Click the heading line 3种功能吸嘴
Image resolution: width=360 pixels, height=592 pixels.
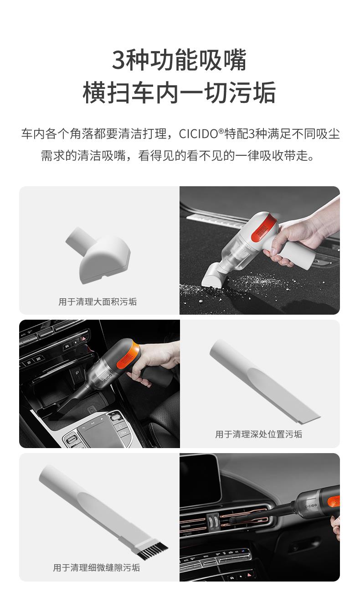click(x=180, y=60)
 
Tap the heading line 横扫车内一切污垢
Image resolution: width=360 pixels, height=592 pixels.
click(x=180, y=92)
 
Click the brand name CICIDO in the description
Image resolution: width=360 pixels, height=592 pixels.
click(x=198, y=134)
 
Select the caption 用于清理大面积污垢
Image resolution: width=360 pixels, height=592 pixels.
click(x=98, y=301)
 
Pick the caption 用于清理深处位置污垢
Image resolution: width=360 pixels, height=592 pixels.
click(x=258, y=434)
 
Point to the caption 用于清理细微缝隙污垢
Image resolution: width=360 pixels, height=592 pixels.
click(x=97, y=568)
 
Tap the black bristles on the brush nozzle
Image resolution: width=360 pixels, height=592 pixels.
click(x=153, y=550)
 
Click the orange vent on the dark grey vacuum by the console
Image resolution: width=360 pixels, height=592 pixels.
click(x=128, y=356)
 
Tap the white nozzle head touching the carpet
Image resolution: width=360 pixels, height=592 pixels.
click(x=213, y=277)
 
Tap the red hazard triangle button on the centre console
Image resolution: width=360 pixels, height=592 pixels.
click(x=83, y=338)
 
